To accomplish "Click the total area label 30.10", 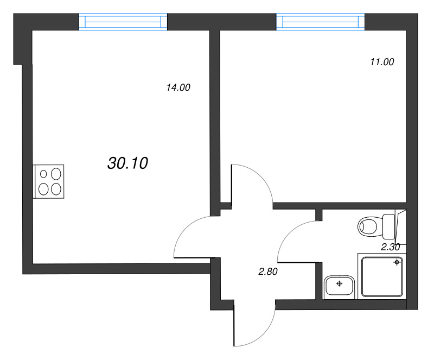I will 128,162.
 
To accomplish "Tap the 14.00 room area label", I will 178,87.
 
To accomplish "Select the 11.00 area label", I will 381,62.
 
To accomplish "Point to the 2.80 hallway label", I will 268,272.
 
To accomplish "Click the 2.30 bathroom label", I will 391,247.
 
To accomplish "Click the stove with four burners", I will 49,181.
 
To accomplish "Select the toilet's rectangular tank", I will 390,226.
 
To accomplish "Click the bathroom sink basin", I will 340,286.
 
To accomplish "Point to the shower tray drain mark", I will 397,262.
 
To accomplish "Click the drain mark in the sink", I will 340,283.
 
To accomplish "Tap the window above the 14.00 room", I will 123,21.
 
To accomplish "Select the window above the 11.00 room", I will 321,21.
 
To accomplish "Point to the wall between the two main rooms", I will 214,114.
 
